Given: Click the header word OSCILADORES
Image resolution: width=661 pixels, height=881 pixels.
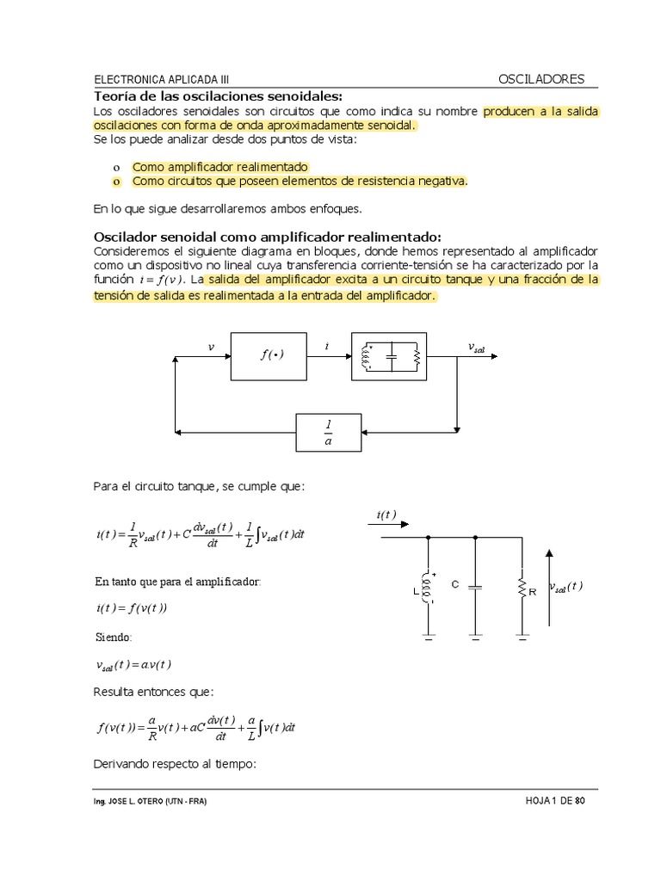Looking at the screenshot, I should point(541,79).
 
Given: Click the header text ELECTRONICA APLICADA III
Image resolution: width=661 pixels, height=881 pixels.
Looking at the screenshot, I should point(161,79).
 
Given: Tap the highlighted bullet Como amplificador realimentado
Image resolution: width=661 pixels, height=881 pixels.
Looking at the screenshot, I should point(219,166).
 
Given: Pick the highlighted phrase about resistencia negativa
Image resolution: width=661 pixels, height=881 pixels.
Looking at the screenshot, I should point(300,181).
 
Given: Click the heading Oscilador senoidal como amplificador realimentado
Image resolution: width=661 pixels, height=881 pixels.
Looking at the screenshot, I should point(266,237).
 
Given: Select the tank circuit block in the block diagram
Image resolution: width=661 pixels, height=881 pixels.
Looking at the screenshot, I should point(389,355).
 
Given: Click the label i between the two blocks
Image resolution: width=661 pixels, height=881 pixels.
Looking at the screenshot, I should point(327,346).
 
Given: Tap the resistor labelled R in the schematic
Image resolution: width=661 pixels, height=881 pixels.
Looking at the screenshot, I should point(522,588).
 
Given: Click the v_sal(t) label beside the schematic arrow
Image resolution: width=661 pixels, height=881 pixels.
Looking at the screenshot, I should point(565,588).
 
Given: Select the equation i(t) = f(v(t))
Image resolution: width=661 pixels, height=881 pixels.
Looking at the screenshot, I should point(132,608).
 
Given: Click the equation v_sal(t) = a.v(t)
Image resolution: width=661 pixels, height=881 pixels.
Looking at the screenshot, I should point(133,664).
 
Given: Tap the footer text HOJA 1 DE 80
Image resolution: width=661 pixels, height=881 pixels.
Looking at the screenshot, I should point(555,801).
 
